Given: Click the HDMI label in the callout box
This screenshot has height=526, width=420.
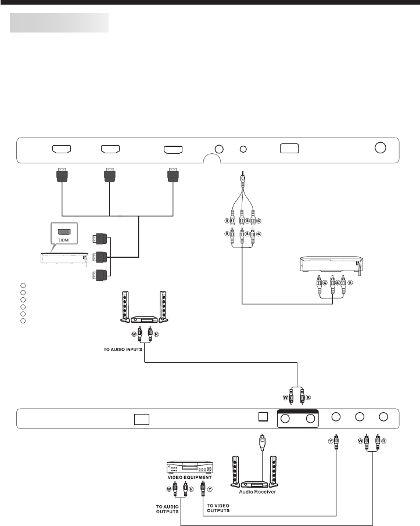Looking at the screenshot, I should pyautogui.click(x=63, y=241).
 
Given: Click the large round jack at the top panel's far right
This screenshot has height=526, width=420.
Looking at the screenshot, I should pyautogui.click(x=380, y=147).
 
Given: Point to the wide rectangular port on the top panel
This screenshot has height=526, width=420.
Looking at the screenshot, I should pyautogui.click(x=289, y=148).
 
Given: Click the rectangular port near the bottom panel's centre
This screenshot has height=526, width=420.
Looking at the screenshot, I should pyautogui.click(x=141, y=419).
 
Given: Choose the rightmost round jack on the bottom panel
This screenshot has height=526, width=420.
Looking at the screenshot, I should pyautogui.click(x=383, y=417).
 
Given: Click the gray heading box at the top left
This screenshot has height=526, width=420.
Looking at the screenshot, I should pyautogui.click(x=59, y=23).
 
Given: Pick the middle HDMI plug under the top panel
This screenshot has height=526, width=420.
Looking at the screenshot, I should pyautogui.click(x=110, y=174).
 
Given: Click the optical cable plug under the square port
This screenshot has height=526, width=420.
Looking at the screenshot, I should pyautogui.click(x=263, y=439).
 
